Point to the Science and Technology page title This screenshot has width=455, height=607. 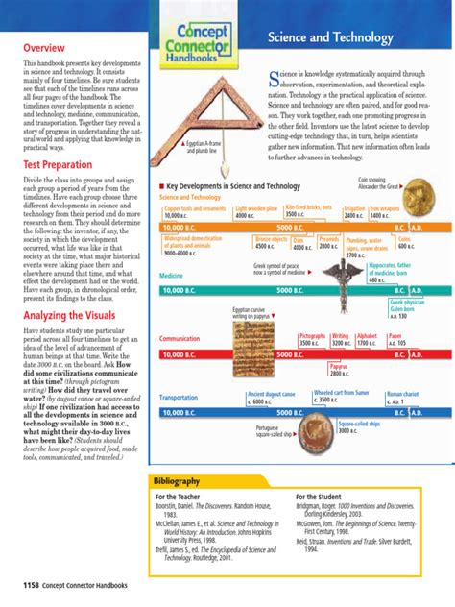[319, 36]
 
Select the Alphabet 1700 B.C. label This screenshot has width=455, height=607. [367, 339]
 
